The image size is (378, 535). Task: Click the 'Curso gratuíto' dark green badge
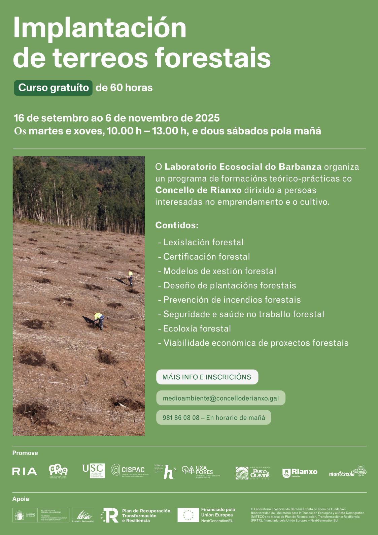pos(53,88)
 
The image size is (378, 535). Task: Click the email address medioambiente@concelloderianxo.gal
pos(220,398)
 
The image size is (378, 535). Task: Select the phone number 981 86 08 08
pos(181,418)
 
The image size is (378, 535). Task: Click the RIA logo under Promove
pos(25,471)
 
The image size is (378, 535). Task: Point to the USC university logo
pos(93,471)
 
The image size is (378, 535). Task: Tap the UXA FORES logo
pos(198,470)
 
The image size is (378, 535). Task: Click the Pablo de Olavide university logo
pos(253,473)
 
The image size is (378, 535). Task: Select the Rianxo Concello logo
pos(300,473)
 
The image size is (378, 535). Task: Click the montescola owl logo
pos(347,472)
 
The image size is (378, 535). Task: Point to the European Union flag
pos(188,515)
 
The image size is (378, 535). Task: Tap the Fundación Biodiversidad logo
pos(83,516)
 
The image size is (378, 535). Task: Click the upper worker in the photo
pos(130,277)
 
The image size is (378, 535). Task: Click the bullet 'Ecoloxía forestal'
pos(197,328)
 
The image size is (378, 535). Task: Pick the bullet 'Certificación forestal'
pos(206,257)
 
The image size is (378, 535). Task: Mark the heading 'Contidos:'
pos(177,225)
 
